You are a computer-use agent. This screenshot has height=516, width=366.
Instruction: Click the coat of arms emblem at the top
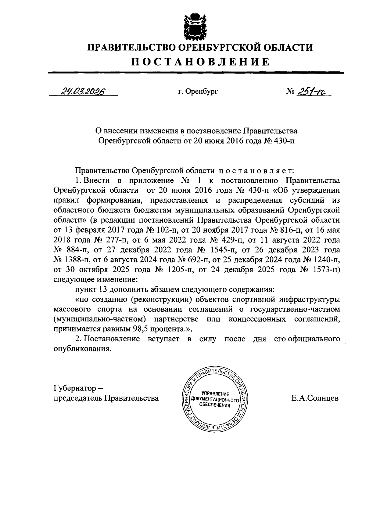pos(196,27)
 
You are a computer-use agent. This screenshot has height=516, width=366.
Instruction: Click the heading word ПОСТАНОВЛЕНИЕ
pos(200,62)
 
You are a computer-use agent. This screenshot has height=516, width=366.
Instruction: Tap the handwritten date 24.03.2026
pos(82,91)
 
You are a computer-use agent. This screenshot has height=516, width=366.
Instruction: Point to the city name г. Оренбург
pos(198,91)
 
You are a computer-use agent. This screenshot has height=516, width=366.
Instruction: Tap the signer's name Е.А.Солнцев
pos(315,398)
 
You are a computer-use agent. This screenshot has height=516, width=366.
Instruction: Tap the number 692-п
pos(189,260)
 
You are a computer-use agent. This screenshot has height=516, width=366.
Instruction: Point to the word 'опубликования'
pos(81,349)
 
